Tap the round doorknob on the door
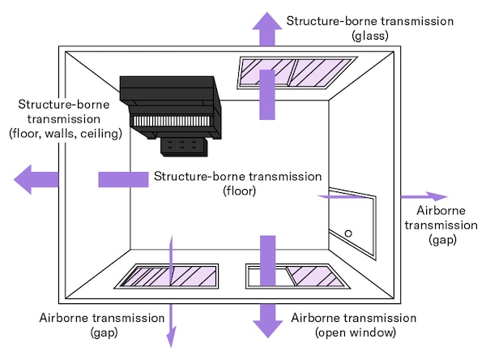coord(348,233)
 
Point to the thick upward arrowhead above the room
coord(266,27)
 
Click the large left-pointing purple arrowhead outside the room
coord(28,178)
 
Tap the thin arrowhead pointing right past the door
coord(437,196)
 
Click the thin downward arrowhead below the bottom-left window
coord(171,336)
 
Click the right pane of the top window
coord(319,71)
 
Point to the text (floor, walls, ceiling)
coord(66,133)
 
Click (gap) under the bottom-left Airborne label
coord(101,332)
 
